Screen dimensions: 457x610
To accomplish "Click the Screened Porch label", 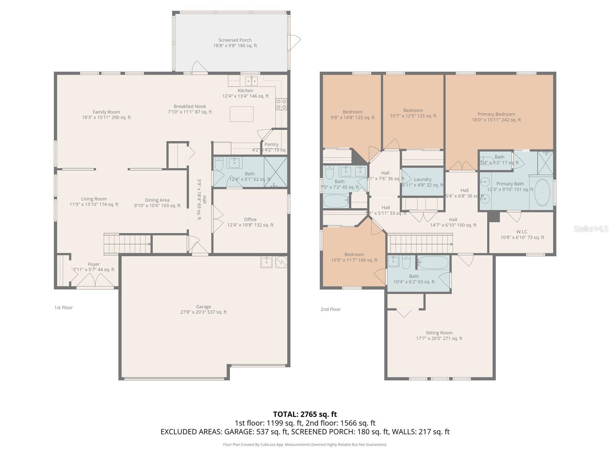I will [x=235, y=43].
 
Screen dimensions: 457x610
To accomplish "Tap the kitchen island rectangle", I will [x=241, y=114].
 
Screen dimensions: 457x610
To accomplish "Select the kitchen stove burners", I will [x=281, y=104].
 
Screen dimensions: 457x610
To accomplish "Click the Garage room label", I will [x=204, y=309].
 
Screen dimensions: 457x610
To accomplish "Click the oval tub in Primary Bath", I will [x=542, y=192].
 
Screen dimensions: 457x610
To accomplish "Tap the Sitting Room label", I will [x=439, y=336].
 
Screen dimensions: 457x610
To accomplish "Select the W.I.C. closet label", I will [x=522, y=234].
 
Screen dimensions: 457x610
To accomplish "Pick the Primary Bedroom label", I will [x=496, y=117].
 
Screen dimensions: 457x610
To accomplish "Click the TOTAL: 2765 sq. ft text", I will [x=305, y=414].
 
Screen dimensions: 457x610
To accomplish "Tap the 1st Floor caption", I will [x=63, y=307].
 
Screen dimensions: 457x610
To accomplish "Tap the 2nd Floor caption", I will [x=331, y=309].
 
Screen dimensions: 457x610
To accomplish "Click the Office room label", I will [x=250, y=222].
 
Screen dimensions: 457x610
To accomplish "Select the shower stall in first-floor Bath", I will [x=275, y=172].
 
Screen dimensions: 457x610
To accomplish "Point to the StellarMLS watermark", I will [x=591, y=228].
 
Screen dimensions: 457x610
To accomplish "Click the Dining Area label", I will [x=157, y=203].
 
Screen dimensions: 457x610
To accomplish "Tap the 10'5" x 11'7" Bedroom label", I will [x=354, y=257].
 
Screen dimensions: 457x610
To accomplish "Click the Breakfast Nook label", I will [x=190, y=109].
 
